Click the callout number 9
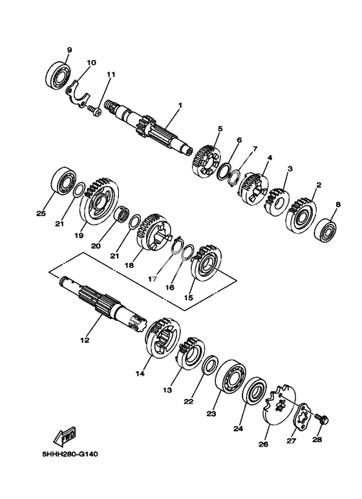coord(69,50)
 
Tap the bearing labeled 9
coord(58,75)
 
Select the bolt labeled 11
coord(94,110)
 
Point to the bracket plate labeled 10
coord(78,94)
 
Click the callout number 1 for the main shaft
coord(180,105)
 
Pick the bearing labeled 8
coord(326,230)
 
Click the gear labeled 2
coord(301,216)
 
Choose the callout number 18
coord(129,265)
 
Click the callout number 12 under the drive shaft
coord(85,340)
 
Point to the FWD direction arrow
coord(65,436)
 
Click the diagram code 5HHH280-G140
coord(70,454)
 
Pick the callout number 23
coord(211,414)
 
